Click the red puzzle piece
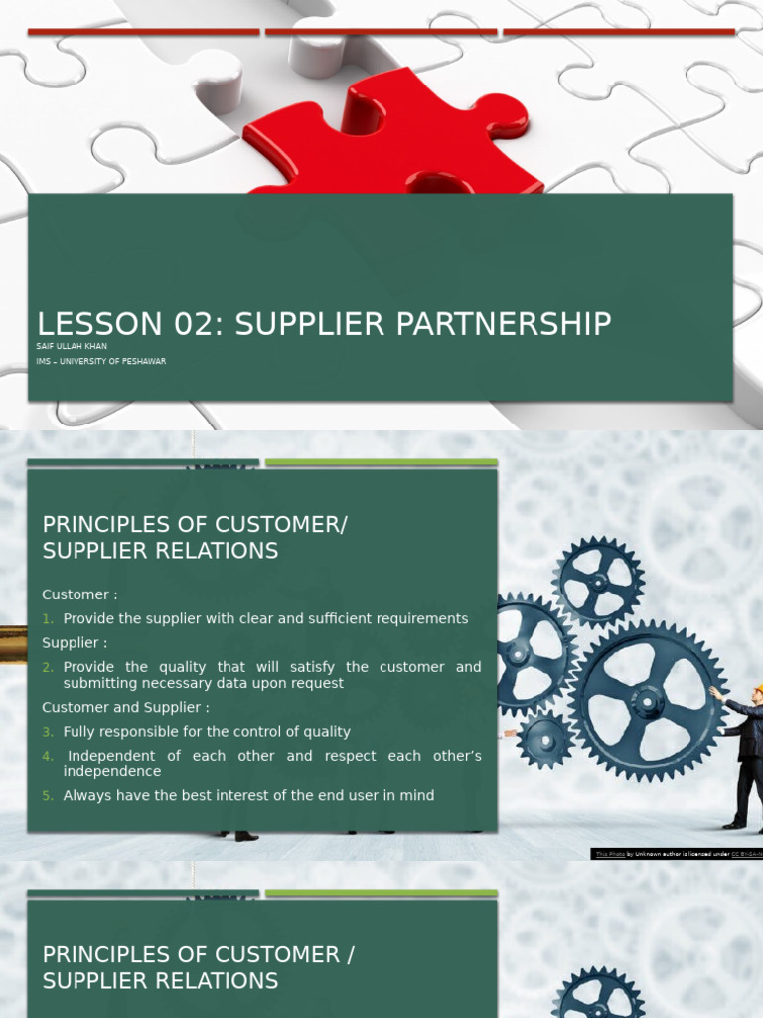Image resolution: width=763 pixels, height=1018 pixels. click(x=397, y=139)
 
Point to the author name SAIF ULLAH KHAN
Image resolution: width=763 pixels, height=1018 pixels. click(x=72, y=346)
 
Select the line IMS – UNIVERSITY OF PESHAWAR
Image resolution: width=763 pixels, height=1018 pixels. click(x=101, y=361)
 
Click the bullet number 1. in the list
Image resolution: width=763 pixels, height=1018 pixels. click(x=48, y=619)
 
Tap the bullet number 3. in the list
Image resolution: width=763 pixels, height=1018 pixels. click(x=48, y=732)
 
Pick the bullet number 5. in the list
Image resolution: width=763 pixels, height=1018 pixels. click(x=48, y=796)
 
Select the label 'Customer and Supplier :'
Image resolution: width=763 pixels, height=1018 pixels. click(x=125, y=708)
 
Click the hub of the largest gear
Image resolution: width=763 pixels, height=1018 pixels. click(x=648, y=702)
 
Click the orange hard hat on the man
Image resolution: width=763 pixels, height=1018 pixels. click(x=758, y=689)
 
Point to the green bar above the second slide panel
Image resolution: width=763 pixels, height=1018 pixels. click(x=381, y=462)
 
